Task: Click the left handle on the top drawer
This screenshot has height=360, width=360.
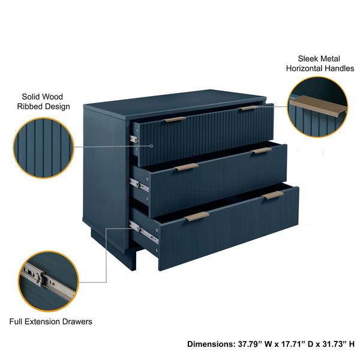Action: [x=175, y=119]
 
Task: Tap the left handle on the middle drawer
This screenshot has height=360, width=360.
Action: [x=187, y=167]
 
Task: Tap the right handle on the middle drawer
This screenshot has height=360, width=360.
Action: [x=262, y=151]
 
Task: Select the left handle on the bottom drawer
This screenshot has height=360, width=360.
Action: [x=197, y=216]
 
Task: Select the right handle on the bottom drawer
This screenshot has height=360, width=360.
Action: [x=274, y=194]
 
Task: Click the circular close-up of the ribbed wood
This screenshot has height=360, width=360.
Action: [x=43, y=148]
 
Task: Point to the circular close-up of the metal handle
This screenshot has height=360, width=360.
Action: [x=316, y=107]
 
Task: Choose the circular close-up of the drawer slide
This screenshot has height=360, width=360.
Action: [x=49, y=281]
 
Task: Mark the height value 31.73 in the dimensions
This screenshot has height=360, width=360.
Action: [x=334, y=344]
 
